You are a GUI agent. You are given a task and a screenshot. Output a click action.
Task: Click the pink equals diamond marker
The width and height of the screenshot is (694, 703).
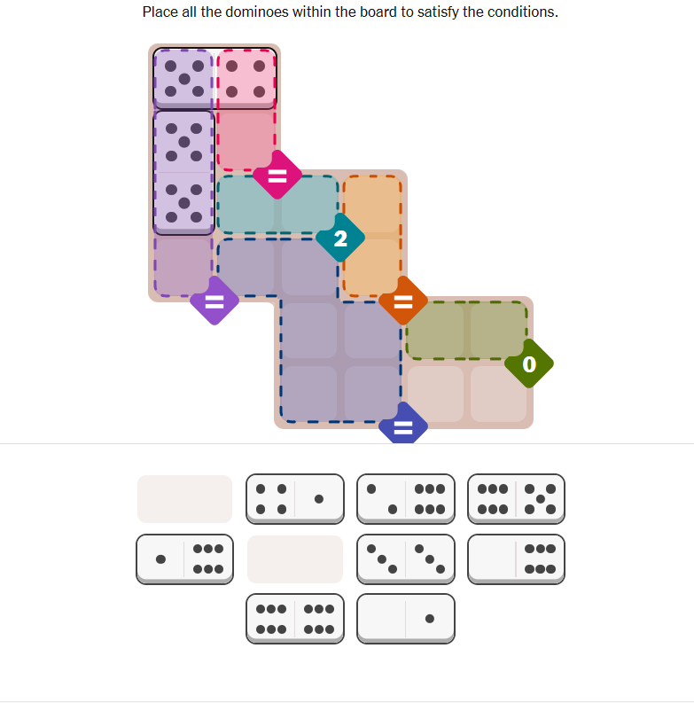click(x=277, y=175)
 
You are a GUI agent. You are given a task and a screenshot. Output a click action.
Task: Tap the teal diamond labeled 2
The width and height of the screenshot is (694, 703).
click(x=340, y=238)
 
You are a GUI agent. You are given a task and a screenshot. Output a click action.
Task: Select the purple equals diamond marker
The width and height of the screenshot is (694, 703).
click(x=214, y=301)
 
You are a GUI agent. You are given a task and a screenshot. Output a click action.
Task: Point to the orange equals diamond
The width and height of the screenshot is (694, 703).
click(x=403, y=301)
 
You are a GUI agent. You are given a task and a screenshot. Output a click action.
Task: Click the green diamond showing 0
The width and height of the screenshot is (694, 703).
click(x=529, y=363)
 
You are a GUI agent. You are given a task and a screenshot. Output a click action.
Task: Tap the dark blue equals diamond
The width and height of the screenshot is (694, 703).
click(x=403, y=424)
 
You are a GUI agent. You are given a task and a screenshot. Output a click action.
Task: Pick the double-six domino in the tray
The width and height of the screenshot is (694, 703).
click(x=295, y=619)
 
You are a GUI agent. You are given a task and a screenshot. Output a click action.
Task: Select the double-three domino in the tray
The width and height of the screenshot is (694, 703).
click(x=406, y=559)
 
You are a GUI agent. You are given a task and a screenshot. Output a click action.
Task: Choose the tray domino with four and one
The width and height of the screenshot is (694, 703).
click(x=295, y=499)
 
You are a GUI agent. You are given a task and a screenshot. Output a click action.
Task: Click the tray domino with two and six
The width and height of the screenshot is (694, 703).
click(x=406, y=499)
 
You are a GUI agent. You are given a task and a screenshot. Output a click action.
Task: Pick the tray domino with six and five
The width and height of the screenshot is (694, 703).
click(x=516, y=499)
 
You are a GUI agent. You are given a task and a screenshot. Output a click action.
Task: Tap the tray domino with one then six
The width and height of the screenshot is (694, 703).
click(x=184, y=559)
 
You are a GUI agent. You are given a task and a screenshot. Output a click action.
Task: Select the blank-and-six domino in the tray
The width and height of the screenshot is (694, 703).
click(x=516, y=559)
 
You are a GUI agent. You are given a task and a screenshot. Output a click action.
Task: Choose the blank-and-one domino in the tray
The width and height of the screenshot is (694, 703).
click(x=406, y=619)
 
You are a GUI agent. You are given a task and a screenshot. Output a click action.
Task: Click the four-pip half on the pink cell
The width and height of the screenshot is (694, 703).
click(x=246, y=79)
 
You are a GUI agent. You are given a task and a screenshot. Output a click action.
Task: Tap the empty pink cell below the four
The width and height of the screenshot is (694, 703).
click(x=246, y=141)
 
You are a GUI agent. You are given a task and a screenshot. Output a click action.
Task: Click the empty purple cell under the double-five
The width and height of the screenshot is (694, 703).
click(x=183, y=267)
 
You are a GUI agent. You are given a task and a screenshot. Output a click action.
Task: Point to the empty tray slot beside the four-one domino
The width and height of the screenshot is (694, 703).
click(x=184, y=499)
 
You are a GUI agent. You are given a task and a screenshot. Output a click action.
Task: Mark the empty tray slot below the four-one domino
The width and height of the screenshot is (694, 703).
click(x=295, y=559)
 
